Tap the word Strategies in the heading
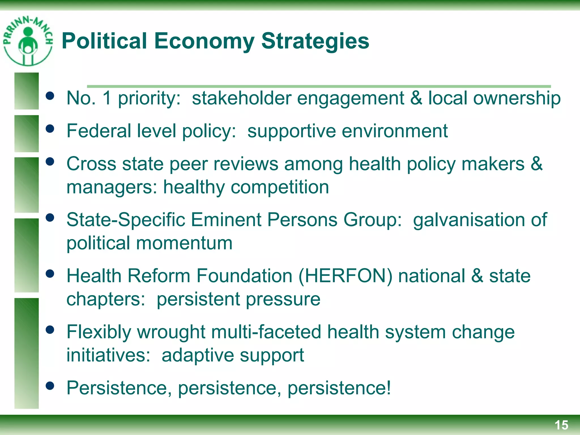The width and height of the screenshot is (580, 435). pos(315,41)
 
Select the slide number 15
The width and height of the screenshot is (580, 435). pos(561,425)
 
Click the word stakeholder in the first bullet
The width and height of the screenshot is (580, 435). pos(242,98)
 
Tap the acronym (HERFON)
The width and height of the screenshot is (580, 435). pos(346,276)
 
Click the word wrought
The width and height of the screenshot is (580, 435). pos(171,332)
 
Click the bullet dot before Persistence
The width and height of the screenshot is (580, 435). pos(50,385)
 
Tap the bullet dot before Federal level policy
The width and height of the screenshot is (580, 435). pos(50,129)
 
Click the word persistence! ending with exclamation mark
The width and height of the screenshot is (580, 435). pos(339,388)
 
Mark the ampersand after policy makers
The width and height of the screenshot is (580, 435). pos(536,164)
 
